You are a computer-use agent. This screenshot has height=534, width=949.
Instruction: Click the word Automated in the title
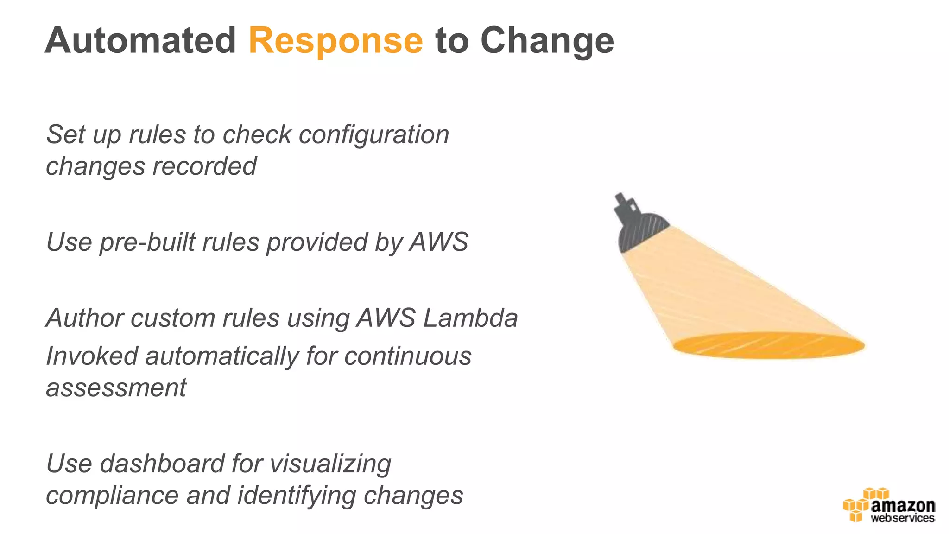click(140, 41)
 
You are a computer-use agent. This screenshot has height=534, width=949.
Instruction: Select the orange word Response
click(335, 41)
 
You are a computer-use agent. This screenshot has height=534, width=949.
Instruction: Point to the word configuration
click(374, 135)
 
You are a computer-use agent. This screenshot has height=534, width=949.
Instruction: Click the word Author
click(85, 318)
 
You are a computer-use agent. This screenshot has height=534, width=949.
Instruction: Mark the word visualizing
click(330, 464)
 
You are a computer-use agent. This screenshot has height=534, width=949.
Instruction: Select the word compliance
click(112, 495)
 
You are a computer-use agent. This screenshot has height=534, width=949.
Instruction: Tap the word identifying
click(297, 495)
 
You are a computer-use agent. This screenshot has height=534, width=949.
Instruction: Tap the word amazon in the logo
click(903, 505)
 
